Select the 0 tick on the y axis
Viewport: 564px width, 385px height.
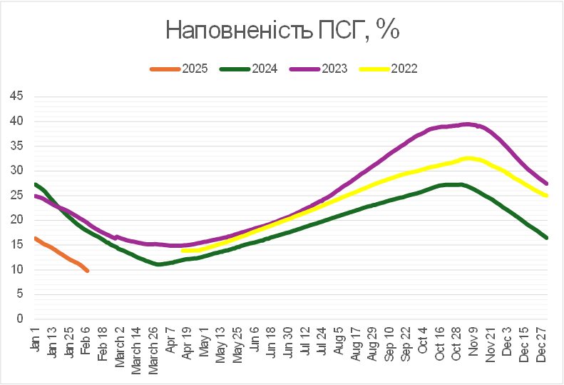(21, 319)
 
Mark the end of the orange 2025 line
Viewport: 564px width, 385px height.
(87, 271)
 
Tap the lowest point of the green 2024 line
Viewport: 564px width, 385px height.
(158, 264)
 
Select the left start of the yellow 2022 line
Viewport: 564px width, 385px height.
(183, 251)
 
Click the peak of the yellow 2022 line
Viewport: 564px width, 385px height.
(469, 158)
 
